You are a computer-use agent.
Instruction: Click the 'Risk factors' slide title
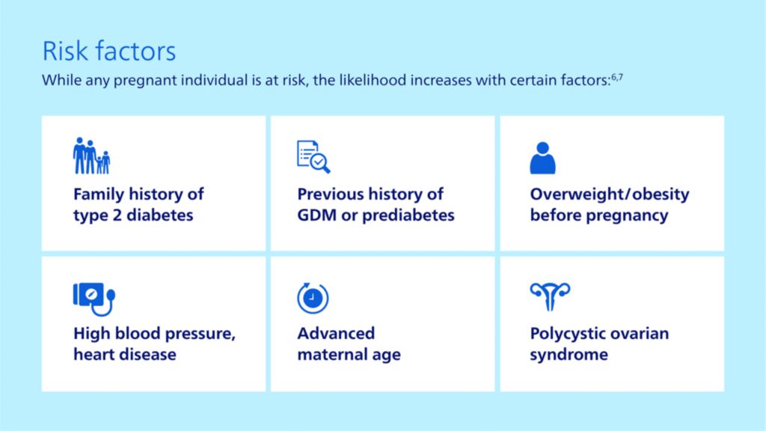point(108,51)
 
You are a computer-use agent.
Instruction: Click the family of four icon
point(91,156)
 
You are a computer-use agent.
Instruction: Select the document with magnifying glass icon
point(313,156)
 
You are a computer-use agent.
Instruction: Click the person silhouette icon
point(542,157)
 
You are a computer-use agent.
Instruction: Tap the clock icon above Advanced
point(313,297)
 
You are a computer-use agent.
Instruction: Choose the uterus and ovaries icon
point(550,297)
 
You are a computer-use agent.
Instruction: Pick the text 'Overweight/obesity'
point(609,195)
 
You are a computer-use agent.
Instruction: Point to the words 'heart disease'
point(124,355)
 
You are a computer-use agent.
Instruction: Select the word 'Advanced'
point(336,334)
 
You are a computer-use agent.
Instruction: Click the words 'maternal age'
point(349,355)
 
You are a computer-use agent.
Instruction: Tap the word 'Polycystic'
point(568,334)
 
